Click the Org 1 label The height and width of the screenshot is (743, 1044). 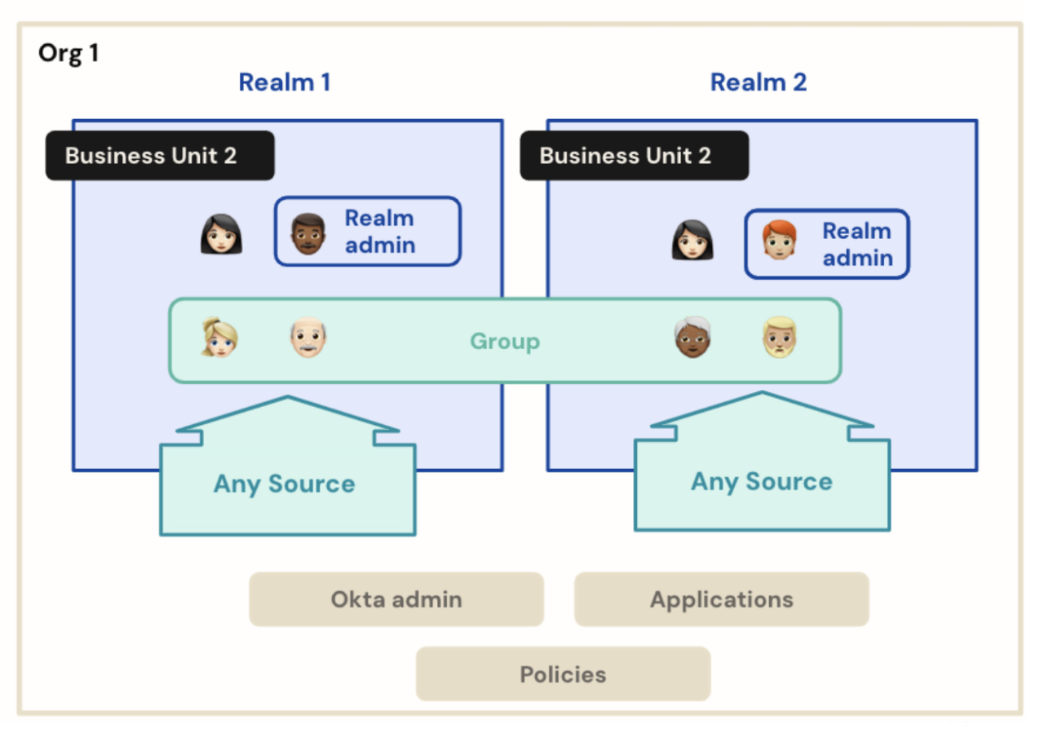pyautogui.click(x=69, y=55)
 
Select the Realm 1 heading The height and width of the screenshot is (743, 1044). pyautogui.click(x=284, y=82)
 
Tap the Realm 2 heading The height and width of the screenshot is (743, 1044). pyautogui.click(x=758, y=82)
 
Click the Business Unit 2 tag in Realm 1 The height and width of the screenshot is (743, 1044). pyautogui.click(x=160, y=156)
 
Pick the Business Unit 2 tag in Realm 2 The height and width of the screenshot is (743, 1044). pyautogui.click(x=634, y=156)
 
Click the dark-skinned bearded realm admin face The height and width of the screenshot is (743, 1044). pyautogui.click(x=308, y=234)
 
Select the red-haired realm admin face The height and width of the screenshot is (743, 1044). pyautogui.click(x=778, y=242)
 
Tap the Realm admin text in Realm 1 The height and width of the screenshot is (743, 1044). pyautogui.click(x=380, y=232)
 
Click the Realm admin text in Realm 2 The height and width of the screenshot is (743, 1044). pyautogui.click(x=856, y=245)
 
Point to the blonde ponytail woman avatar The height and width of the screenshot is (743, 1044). pyautogui.click(x=219, y=338)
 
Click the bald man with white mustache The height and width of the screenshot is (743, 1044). pyautogui.click(x=309, y=338)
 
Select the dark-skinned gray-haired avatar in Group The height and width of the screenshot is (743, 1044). pyautogui.click(x=692, y=338)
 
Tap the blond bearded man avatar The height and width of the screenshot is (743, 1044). pyautogui.click(x=780, y=338)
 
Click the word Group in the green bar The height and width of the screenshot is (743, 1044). pyautogui.click(x=504, y=341)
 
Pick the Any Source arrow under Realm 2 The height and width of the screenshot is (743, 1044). pyautogui.click(x=762, y=480)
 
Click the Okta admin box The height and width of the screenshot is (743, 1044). pyautogui.click(x=396, y=599)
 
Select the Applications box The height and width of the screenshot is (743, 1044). pyautogui.click(x=721, y=599)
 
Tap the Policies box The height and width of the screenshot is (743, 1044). pyautogui.click(x=563, y=674)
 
